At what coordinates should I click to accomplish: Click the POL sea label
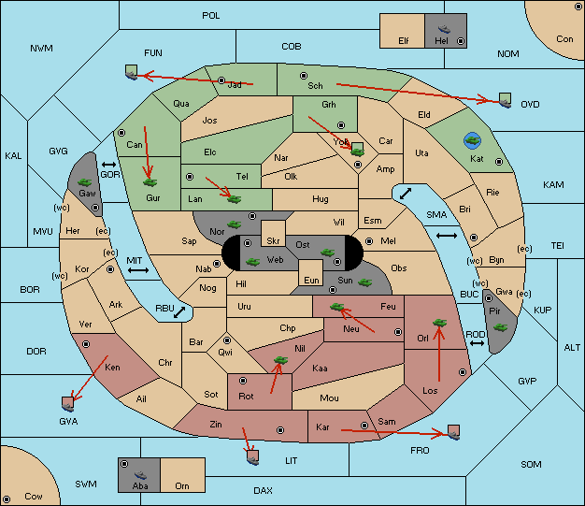click(211, 16)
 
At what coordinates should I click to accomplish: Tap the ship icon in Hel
click(444, 29)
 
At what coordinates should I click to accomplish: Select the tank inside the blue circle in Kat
click(473, 140)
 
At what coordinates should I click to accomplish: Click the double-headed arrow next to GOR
click(109, 165)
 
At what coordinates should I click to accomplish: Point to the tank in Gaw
click(85, 182)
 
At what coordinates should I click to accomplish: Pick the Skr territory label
click(273, 241)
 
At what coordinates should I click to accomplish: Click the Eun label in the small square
click(311, 280)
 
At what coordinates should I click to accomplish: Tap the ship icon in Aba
click(140, 475)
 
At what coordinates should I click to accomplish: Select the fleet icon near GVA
click(68, 404)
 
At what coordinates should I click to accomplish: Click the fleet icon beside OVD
click(506, 100)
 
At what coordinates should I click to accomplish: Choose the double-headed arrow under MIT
click(138, 270)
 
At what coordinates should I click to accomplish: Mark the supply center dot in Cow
click(7, 499)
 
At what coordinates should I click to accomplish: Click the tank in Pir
click(501, 327)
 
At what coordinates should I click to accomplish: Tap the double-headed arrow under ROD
click(477, 343)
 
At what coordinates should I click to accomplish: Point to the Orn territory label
click(182, 485)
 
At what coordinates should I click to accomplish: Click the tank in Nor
click(235, 224)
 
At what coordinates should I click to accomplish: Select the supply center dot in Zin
click(280, 430)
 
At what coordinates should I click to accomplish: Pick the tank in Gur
click(150, 182)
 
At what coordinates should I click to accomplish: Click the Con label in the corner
click(564, 39)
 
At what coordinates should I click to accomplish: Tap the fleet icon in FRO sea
click(453, 432)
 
